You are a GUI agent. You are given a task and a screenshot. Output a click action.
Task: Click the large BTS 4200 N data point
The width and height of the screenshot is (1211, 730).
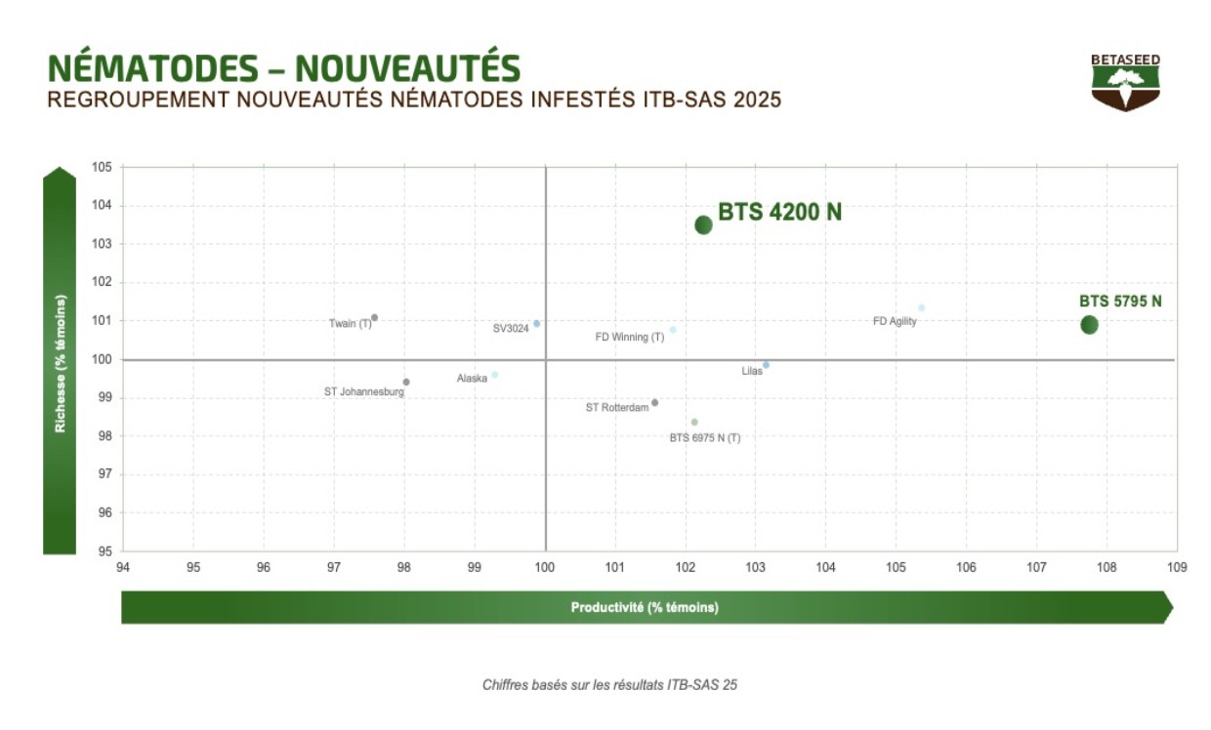click(703, 225)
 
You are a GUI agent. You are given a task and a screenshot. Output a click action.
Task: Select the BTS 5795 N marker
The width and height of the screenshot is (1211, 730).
click(1089, 325)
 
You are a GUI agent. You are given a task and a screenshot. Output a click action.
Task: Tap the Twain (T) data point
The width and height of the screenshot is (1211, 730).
click(374, 318)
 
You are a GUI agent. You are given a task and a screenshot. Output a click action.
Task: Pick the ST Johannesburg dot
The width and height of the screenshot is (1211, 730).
click(406, 383)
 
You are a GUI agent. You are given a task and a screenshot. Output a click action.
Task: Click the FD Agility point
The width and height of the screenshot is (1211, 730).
click(921, 308)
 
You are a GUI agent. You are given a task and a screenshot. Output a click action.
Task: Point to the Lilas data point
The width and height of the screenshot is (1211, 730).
click(766, 365)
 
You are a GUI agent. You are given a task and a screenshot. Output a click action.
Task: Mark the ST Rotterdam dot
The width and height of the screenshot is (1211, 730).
click(654, 402)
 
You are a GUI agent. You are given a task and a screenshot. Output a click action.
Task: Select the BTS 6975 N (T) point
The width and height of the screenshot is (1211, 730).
click(694, 423)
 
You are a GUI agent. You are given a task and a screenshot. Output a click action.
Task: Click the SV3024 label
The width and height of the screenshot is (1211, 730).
click(511, 329)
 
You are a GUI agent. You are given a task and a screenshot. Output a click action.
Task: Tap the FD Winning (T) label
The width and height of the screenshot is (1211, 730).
click(629, 337)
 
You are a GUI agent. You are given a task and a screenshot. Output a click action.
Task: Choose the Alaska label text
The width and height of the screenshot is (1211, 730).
click(472, 379)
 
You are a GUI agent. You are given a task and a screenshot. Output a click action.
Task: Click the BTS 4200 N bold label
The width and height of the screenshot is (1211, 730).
click(779, 212)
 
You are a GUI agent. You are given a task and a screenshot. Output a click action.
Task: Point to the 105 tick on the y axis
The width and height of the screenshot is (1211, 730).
click(103, 167)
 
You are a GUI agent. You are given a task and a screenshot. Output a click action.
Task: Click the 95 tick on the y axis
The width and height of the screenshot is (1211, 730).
click(103, 551)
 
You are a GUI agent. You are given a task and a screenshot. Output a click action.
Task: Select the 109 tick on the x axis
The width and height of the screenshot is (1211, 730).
click(1177, 567)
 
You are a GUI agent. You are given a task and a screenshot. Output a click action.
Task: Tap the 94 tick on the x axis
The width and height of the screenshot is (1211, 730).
click(123, 567)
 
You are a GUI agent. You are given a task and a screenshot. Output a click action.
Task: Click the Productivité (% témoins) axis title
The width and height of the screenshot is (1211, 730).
click(645, 607)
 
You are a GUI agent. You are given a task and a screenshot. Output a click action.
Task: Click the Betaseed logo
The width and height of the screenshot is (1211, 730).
click(1126, 82)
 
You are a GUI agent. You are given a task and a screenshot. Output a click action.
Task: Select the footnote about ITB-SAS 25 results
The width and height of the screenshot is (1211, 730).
click(609, 685)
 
